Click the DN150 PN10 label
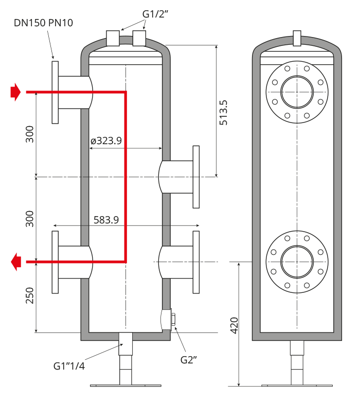pyautogui.click(x=43, y=23)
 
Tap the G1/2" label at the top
pyautogui.click(x=155, y=14)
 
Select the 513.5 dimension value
pyautogui.click(x=224, y=113)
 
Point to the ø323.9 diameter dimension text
pyautogui.click(x=106, y=141)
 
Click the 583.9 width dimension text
pyautogui.click(x=106, y=220)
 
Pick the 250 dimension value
pyautogui.click(x=30, y=295)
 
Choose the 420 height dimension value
pyautogui.click(x=235, y=326)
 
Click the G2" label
pyautogui.click(x=189, y=360)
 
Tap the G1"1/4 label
pyautogui.click(x=69, y=366)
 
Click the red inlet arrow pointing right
pyautogui.click(x=15, y=92)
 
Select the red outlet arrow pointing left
pyautogui.click(x=16, y=262)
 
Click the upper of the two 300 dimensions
pyautogui.click(x=30, y=134)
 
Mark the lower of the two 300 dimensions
pyautogui.click(x=30, y=219)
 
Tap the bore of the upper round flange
pyautogui.click(x=297, y=92)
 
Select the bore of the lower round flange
pyautogui.click(x=297, y=262)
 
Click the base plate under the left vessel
pyautogui.click(x=125, y=386)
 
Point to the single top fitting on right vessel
pyautogui.click(x=297, y=38)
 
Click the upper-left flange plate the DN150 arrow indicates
pyautogui.click(x=55, y=92)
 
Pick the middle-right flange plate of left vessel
pyautogui.click(x=196, y=177)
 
